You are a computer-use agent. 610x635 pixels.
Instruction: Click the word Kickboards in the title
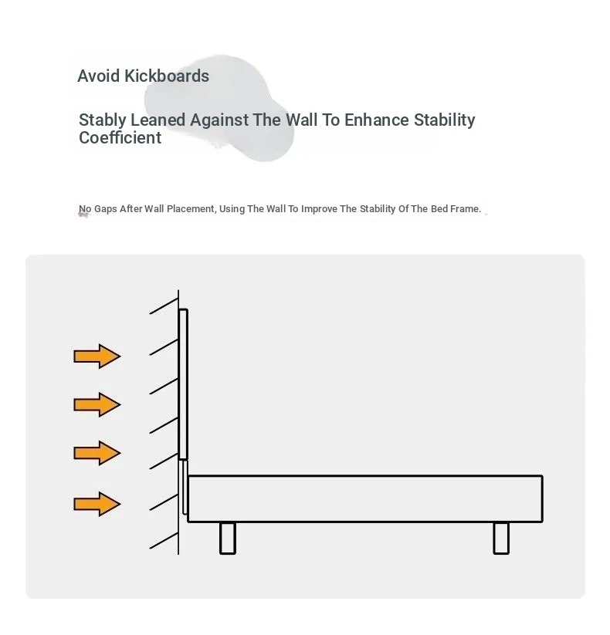(x=167, y=76)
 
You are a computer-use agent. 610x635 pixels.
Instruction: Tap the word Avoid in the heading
(x=99, y=76)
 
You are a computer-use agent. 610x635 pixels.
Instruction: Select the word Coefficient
(x=120, y=137)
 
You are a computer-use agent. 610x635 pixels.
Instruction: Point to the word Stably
(x=103, y=120)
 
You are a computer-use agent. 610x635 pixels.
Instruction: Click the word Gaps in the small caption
(x=105, y=209)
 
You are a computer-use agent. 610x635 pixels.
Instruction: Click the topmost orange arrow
(x=97, y=356)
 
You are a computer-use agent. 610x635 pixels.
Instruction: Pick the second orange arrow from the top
(x=97, y=404)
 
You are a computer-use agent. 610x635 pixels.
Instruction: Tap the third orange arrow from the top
(x=97, y=453)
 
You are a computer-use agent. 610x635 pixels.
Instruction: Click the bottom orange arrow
(x=97, y=504)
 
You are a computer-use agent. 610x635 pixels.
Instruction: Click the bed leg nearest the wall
(x=227, y=539)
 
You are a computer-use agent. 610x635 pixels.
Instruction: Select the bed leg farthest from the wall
(x=501, y=539)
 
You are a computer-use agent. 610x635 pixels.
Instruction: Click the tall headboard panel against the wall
(x=183, y=384)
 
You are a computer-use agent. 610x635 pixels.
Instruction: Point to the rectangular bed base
(x=365, y=499)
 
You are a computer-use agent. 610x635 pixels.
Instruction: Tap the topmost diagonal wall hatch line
(x=164, y=306)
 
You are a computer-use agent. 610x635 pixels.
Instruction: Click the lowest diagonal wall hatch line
(x=164, y=541)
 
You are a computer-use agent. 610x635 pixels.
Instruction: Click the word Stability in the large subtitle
(x=444, y=120)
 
